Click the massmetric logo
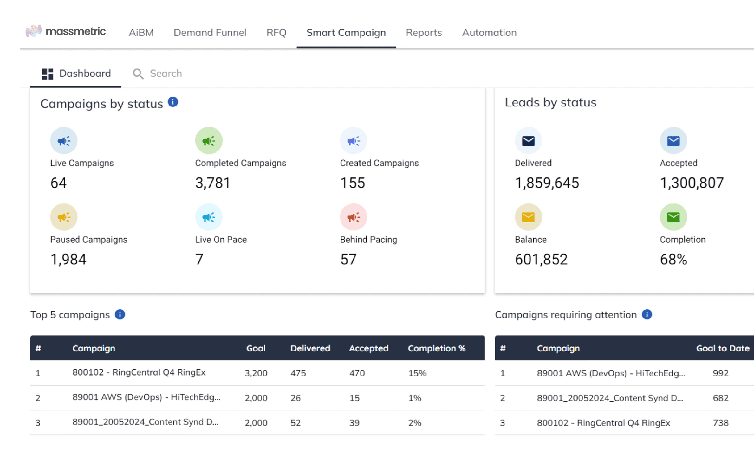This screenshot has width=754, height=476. (65, 31)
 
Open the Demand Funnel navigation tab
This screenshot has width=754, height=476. (210, 33)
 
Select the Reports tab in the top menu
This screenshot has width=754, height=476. (424, 33)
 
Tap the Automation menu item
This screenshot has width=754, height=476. (489, 33)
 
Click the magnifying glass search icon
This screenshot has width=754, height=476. (138, 74)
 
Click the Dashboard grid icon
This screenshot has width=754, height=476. (48, 74)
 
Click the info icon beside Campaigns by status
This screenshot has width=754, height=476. (173, 102)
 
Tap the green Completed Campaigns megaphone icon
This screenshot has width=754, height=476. (209, 141)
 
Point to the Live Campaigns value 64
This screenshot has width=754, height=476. (59, 183)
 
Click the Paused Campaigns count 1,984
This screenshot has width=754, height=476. (68, 259)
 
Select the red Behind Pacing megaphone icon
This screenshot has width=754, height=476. (353, 217)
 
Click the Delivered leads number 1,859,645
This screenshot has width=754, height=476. (547, 183)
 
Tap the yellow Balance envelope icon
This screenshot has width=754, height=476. (528, 217)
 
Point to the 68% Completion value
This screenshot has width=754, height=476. (673, 259)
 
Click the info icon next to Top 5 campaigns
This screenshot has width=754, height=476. (120, 314)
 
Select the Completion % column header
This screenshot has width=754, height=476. (437, 348)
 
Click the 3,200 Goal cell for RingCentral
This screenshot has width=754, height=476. (256, 373)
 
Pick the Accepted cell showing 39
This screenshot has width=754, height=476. (354, 423)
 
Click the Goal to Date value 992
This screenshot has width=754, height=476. (720, 373)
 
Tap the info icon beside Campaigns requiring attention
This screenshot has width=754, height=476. (647, 314)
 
